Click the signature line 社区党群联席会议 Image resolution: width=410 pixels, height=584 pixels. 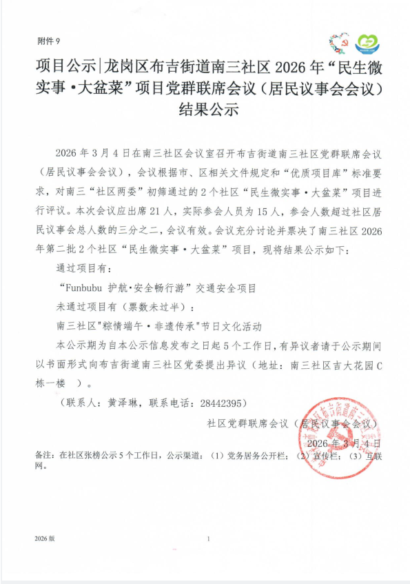[248, 422]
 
